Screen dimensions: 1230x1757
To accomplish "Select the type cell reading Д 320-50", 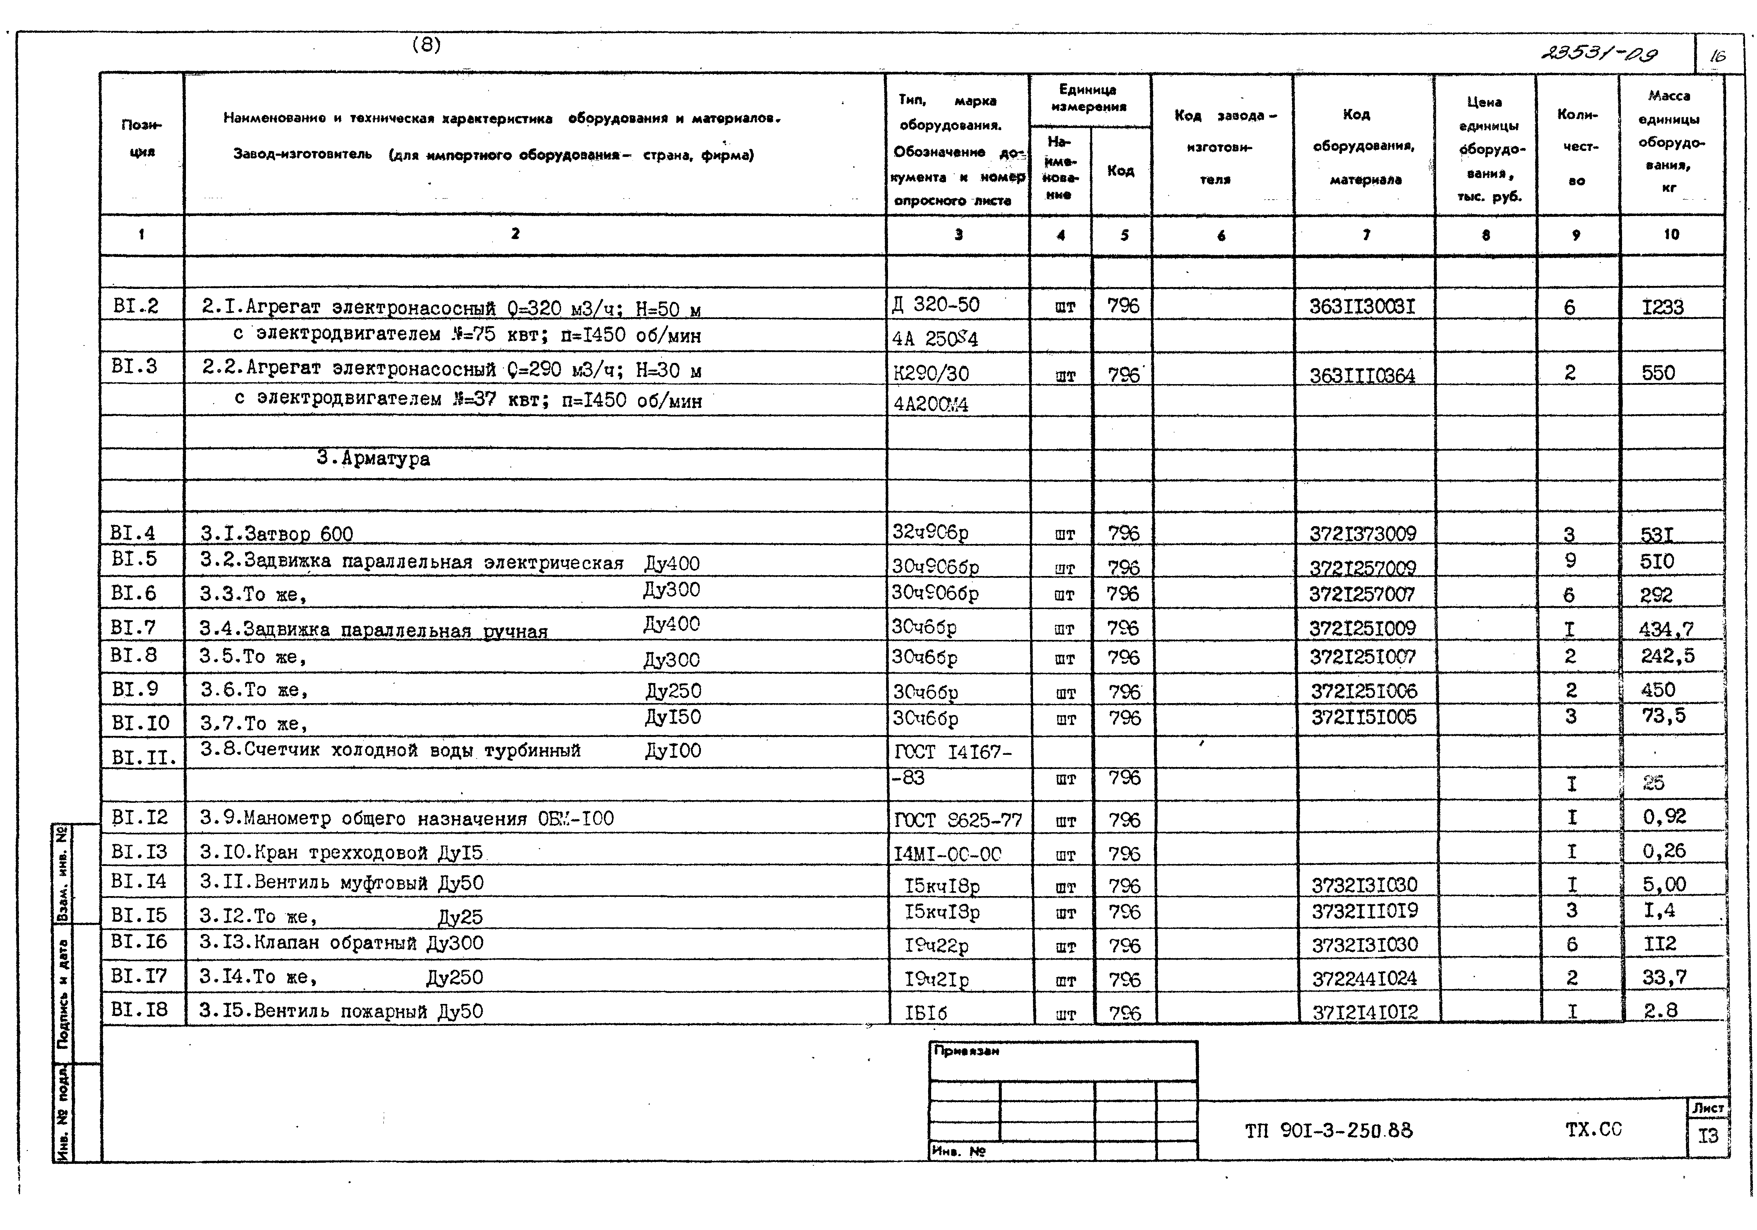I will tap(936, 305).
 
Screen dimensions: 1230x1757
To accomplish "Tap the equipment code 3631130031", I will tap(1362, 307).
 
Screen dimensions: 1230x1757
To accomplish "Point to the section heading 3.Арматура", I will tap(373, 458).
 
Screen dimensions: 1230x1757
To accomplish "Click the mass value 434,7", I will tap(1666, 629).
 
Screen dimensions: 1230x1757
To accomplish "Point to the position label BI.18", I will tap(138, 1010).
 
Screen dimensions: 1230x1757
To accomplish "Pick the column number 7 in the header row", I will tap(1366, 235).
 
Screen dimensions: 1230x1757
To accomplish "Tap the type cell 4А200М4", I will tap(930, 404).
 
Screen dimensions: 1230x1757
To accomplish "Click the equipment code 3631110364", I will tap(1362, 375).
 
